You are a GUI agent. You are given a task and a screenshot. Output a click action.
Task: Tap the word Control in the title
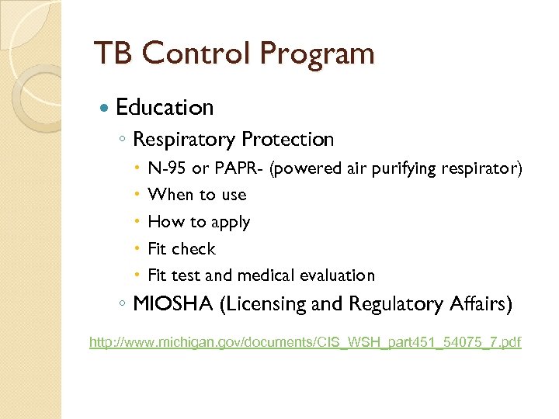195,54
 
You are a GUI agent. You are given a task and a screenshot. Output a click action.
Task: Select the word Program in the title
317,54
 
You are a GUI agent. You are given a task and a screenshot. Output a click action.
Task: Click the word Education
164,107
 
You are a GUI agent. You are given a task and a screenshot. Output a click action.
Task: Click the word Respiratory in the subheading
184,140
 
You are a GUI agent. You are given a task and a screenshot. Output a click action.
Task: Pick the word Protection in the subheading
287,140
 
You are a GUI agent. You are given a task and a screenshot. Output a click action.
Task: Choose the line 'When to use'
196,195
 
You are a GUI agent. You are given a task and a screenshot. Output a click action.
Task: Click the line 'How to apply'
199,222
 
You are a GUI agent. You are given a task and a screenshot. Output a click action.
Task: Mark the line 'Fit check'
181,248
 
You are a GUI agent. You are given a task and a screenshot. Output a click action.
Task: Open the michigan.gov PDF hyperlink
305,342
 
